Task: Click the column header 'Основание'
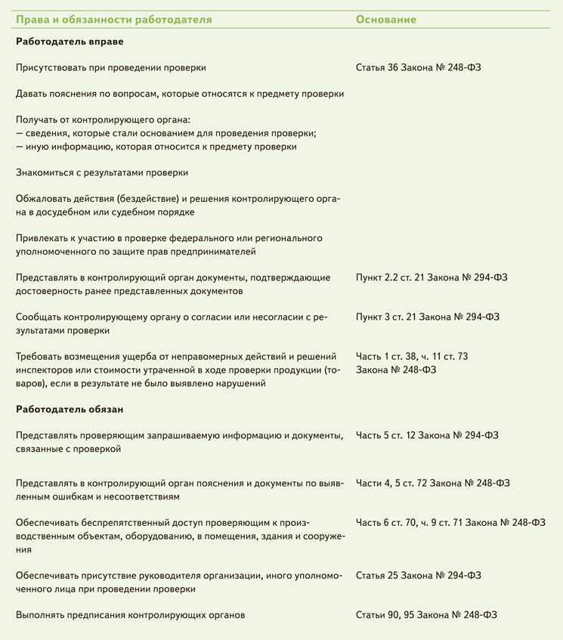point(385,19)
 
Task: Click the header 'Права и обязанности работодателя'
point(113,19)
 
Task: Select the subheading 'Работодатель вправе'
point(70,42)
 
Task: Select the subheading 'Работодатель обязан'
point(70,409)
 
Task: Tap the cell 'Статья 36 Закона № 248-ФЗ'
point(418,67)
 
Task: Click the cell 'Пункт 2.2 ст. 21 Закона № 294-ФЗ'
point(432,277)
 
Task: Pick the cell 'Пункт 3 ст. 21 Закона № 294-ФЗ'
point(427,317)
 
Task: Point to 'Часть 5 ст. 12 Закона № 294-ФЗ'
point(427,435)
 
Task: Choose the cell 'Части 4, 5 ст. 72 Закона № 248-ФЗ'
point(433,483)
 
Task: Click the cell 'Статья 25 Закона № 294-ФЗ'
point(418,575)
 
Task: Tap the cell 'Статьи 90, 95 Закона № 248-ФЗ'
point(426,615)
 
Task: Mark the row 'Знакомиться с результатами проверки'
point(102,172)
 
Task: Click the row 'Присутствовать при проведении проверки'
point(111,67)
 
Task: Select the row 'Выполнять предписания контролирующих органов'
point(130,615)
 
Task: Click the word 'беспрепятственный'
point(116,522)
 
